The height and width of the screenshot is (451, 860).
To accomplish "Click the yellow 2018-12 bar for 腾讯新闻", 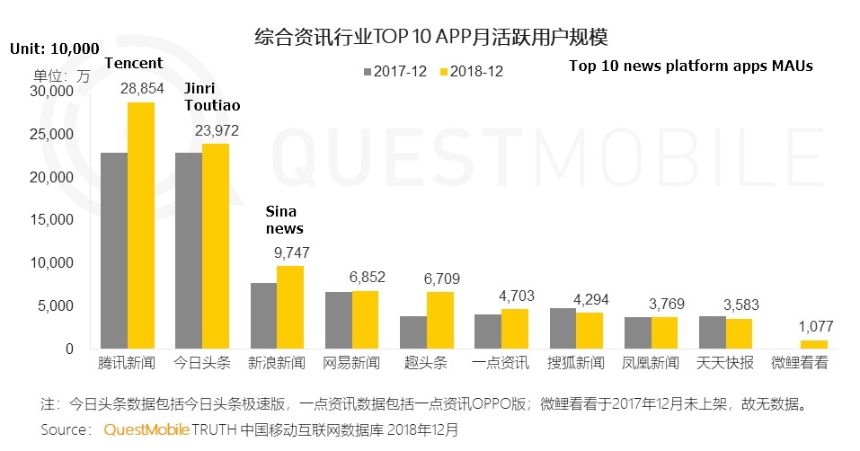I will [140, 225].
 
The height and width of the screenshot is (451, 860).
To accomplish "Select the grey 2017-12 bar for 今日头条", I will [188, 251].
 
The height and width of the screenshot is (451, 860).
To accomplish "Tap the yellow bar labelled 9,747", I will [290, 307].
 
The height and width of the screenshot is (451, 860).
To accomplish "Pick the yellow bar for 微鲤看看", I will [813, 344].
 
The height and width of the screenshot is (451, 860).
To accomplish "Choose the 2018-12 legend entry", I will [471, 71].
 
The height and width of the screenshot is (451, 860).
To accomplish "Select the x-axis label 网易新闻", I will [352, 365].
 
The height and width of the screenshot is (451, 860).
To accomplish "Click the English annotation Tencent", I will [134, 63].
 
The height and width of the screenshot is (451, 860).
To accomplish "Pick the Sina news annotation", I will [284, 220].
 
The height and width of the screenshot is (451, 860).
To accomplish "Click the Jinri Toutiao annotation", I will [211, 97].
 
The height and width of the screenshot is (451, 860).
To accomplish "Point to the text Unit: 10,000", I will [54, 48].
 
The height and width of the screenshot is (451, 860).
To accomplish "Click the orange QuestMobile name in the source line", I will [146, 429].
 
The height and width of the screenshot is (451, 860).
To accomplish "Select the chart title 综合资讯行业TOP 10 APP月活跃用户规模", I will [430, 37].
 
